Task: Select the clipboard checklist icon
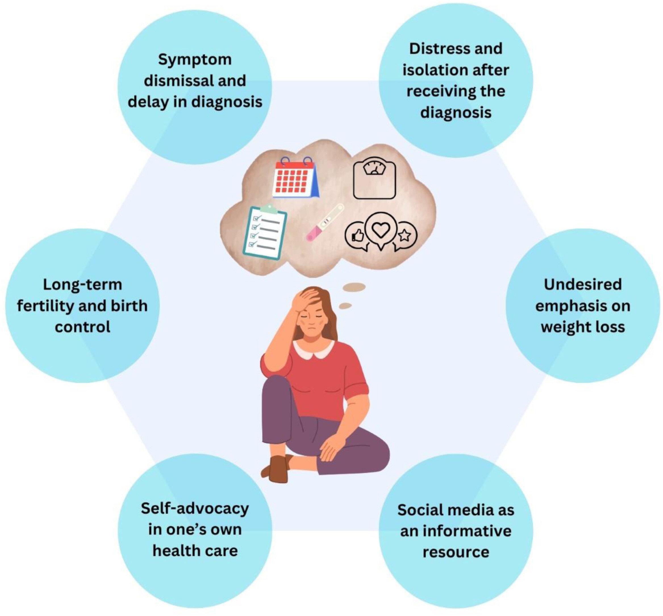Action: click(265, 232)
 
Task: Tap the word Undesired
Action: click(583, 285)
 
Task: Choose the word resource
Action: click(456, 552)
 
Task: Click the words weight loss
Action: click(583, 327)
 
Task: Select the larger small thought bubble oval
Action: click(354, 287)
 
